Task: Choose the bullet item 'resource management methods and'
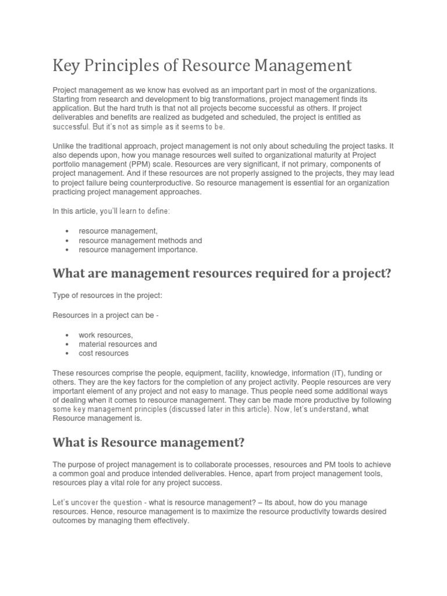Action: pyautogui.click(x=140, y=240)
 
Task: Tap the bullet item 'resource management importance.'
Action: pyautogui.click(x=138, y=250)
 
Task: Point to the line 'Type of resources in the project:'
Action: pyautogui.click(x=108, y=296)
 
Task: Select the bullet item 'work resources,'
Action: pyautogui.click(x=105, y=335)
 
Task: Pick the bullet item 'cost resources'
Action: pyautogui.click(x=104, y=353)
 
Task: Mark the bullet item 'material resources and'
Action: pyautogui.click(x=118, y=344)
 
